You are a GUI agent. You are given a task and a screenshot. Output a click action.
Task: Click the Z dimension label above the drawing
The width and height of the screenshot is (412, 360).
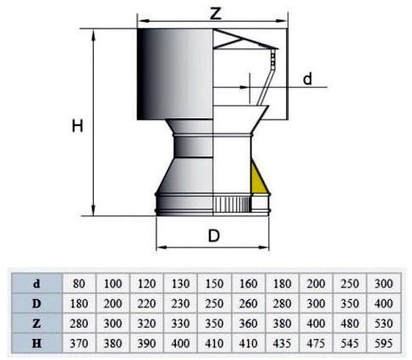point(216,13)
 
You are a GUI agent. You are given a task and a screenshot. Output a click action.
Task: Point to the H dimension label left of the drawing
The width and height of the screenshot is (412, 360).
point(78,126)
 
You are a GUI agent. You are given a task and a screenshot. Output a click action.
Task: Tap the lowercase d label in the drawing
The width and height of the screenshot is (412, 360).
point(307,79)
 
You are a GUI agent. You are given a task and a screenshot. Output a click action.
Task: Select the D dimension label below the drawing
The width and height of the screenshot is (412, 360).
point(214,236)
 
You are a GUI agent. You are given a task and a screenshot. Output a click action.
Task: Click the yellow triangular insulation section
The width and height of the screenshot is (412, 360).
point(257,178)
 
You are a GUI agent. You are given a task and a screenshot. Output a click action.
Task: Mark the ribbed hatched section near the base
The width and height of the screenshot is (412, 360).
point(232,205)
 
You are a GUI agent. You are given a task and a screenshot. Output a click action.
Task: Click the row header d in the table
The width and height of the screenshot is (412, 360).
point(36,283)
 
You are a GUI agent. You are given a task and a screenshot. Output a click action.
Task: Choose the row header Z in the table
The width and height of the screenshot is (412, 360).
point(36,324)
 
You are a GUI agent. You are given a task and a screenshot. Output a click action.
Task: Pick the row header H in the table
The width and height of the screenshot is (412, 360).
point(36,343)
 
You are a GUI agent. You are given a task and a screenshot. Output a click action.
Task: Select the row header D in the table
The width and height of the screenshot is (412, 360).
point(36,303)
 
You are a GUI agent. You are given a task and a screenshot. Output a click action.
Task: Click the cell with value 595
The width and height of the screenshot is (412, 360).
point(384,343)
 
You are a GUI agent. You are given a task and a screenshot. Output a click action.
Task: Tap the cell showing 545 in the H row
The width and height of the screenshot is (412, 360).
point(349,343)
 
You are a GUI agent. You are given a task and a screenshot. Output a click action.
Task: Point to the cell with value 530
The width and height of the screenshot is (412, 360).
point(384,324)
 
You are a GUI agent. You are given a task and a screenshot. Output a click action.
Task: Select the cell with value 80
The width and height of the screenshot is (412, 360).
point(79,283)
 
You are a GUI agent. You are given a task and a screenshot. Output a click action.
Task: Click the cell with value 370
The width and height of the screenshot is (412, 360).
point(79,343)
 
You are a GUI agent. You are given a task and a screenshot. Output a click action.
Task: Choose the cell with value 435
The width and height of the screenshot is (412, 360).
point(282,343)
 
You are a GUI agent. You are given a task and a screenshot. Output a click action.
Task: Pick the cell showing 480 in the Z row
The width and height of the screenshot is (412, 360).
point(349,324)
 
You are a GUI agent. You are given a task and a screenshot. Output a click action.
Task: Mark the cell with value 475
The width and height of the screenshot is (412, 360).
point(316,343)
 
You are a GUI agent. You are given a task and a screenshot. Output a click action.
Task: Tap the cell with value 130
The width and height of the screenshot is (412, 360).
point(180,283)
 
